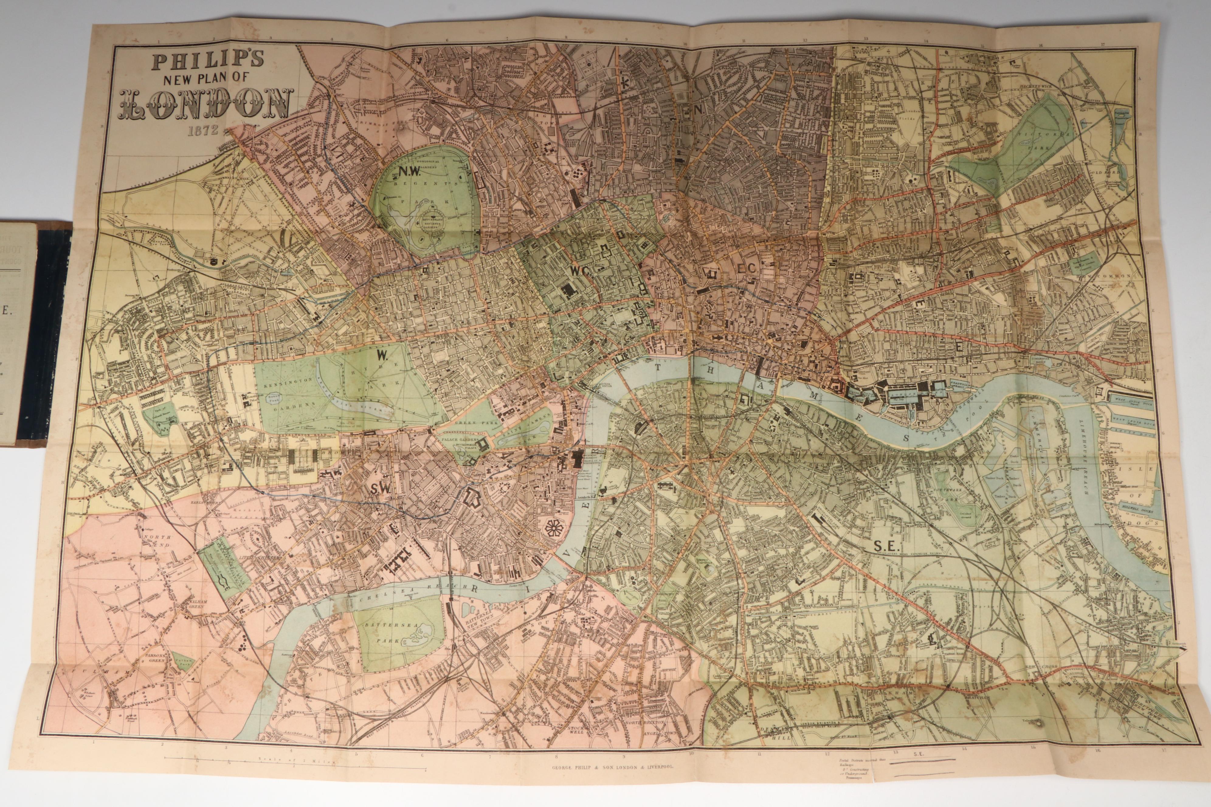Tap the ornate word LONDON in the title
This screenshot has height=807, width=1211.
point(206,105)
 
